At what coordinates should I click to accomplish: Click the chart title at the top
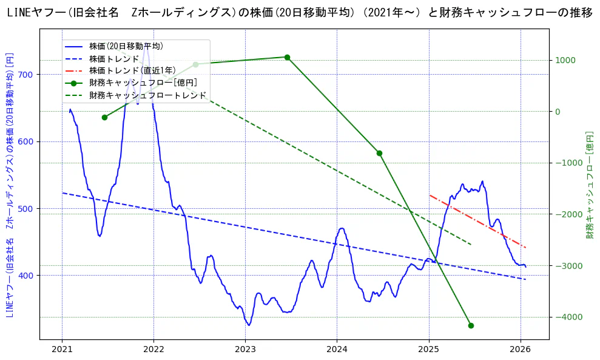tap(300, 13)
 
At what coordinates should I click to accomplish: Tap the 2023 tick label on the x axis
tap(245, 349)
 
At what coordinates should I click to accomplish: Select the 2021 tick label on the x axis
tap(62, 349)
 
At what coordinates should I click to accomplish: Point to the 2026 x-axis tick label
tap(521, 349)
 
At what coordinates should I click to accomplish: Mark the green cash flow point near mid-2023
tap(287, 57)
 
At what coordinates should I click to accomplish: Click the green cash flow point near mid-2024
tap(379, 153)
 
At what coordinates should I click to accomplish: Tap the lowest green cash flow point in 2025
tap(471, 325)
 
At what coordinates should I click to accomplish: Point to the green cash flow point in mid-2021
tap(104, 117)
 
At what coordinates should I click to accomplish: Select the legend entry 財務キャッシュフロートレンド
tap(147, 95)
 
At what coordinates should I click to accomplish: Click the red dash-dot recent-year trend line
tap(477, 222)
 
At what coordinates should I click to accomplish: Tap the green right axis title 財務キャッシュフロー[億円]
tap(590, 185)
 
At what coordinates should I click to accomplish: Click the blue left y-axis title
tap(10, 185)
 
